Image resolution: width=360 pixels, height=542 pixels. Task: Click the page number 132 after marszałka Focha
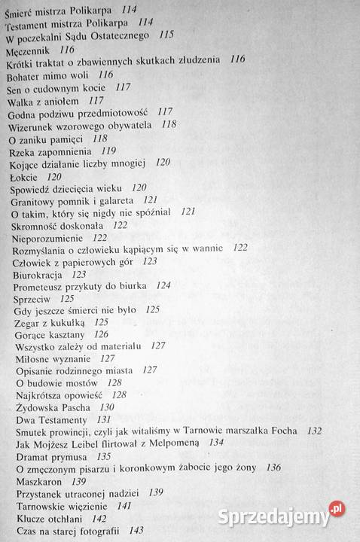[314, 431]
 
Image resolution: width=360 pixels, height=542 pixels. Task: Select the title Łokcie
[23, 175]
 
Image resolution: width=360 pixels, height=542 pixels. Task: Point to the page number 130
[108, 406]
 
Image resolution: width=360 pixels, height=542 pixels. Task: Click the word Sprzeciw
[32, 299]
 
